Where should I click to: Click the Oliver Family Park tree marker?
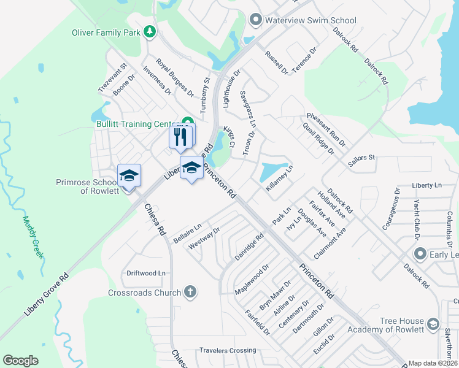pyautogui.click(x=149, y=31)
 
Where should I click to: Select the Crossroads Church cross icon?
pyautogui.click(x=190, y=292)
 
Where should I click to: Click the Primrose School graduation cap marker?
pyautogui.click(x=129, y=176)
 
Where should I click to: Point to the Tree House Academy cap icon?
pyautogui.click(x=433, y=324)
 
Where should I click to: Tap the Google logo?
pyautogui.click(x=20, y=361)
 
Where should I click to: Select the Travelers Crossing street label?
pyautogui.click(x=228, y=351)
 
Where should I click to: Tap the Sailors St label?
pyautogui.click(x=361, y=158)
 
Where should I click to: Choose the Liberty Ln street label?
pyautogui.click(x=427, y=185)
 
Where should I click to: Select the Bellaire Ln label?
pyautogui.click(x=187, y=234)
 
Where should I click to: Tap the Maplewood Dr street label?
pyautogui.click(x=252, y=279)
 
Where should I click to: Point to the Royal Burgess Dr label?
pyautogui.click(x=174, y=78)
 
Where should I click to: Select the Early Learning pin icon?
pyautogui.click(x=420, y=253)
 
